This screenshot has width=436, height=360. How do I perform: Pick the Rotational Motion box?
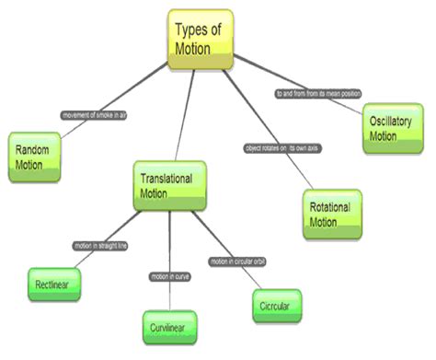pos(331,215)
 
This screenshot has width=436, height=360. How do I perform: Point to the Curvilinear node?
pos(169,326)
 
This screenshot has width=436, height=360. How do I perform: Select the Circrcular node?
pos(275,303)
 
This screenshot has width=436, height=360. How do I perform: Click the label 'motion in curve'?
pos(170,276)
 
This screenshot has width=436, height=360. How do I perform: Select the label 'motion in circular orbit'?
pos(236,261)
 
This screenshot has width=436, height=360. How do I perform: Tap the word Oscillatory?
pos(395,122)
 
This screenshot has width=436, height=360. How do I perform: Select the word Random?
pos(33,148)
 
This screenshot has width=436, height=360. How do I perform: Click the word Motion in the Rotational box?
pos(324,223)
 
